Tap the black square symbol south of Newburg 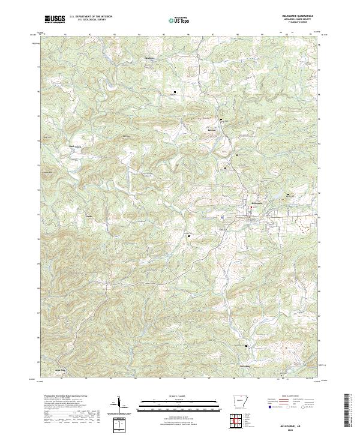click(x=175, y=92)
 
